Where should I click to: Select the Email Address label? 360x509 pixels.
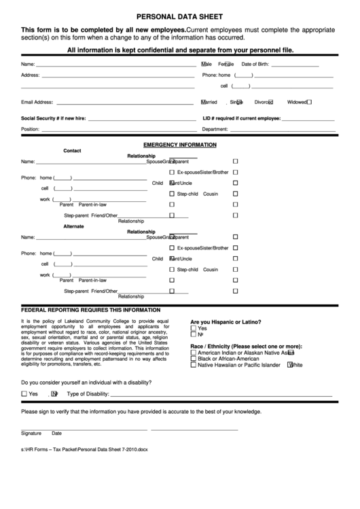(37, 102)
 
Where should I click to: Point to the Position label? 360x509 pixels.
(31, 128)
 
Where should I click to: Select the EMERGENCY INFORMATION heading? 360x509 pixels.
(179, 145)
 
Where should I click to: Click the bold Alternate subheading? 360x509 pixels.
(73, 226)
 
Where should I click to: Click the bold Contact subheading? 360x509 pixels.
(72, 150)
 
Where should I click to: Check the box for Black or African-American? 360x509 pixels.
(194, 359)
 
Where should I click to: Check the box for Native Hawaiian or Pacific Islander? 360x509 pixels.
(194, 365)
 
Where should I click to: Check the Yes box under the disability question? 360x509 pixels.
(25, 393)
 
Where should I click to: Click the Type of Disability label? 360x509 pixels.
(88, 393)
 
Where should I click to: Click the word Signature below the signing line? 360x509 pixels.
(31, 433)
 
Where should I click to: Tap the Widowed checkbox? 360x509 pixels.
(309, 102)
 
